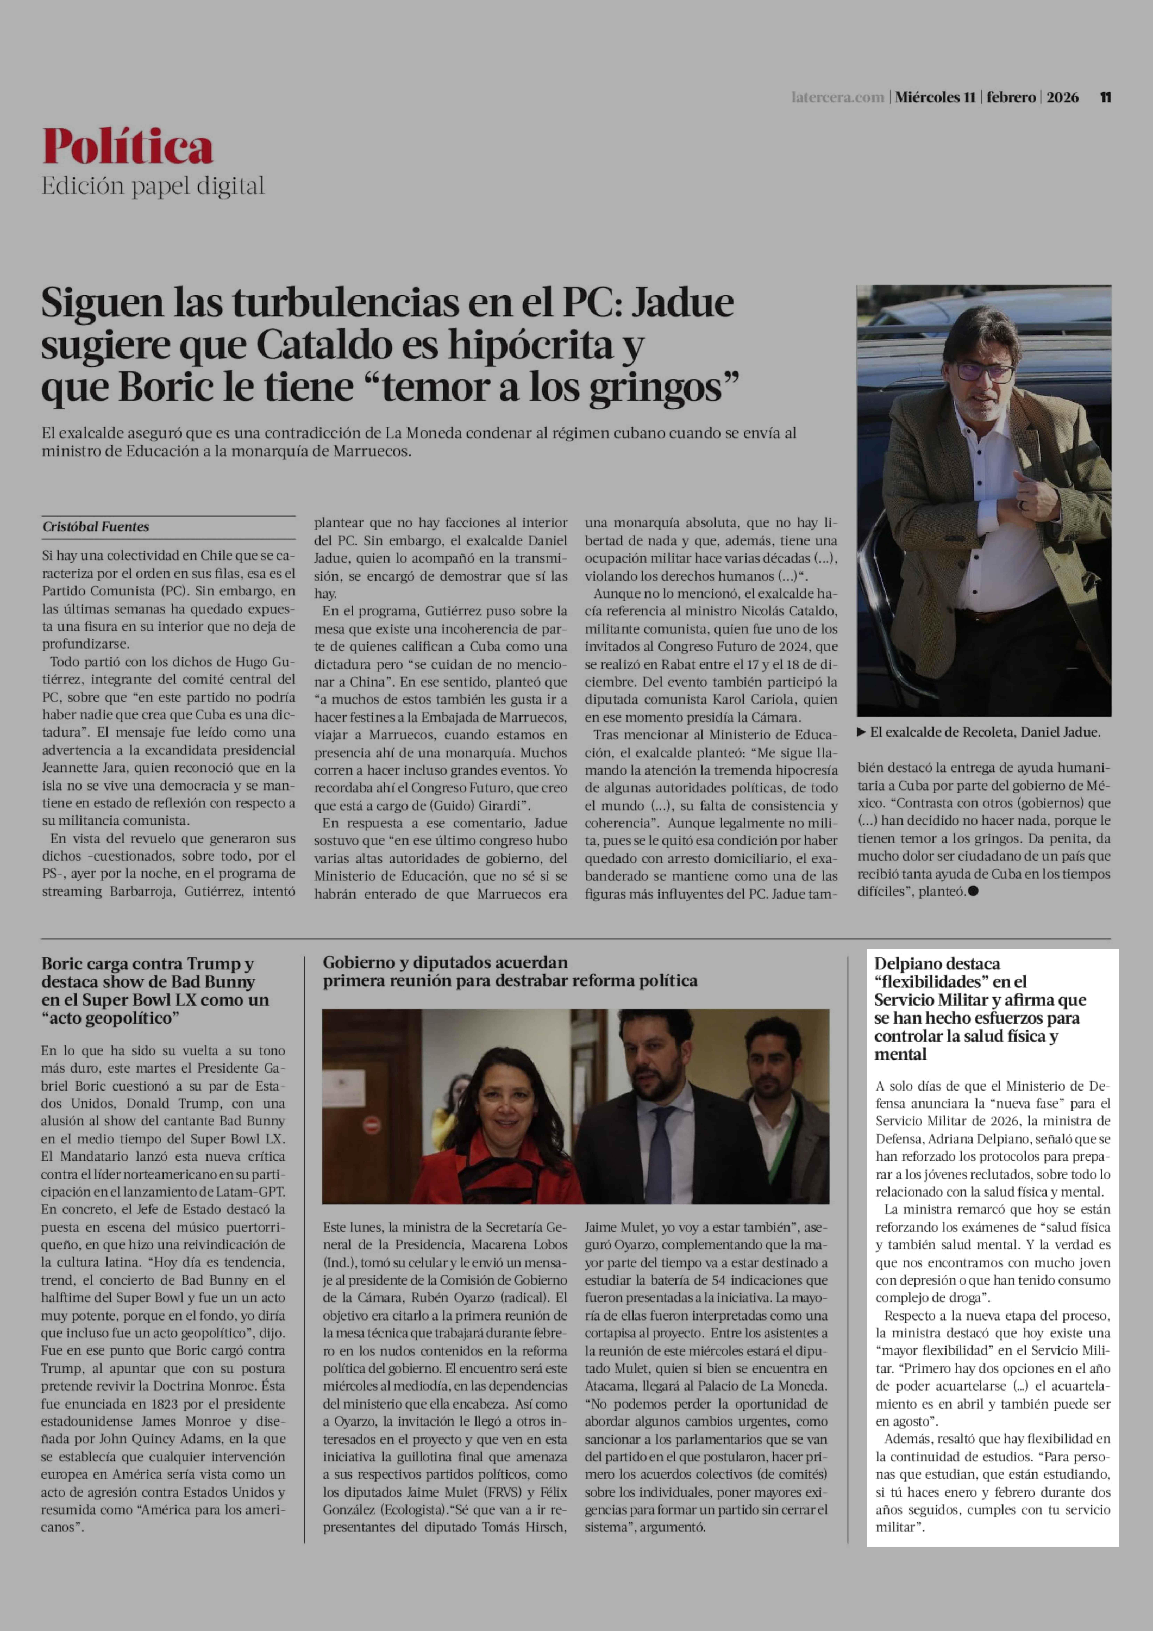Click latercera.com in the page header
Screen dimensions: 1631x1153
point(838,97)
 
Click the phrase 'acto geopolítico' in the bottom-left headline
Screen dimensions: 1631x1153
point(110,1018)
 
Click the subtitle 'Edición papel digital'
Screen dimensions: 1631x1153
point(153,186)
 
